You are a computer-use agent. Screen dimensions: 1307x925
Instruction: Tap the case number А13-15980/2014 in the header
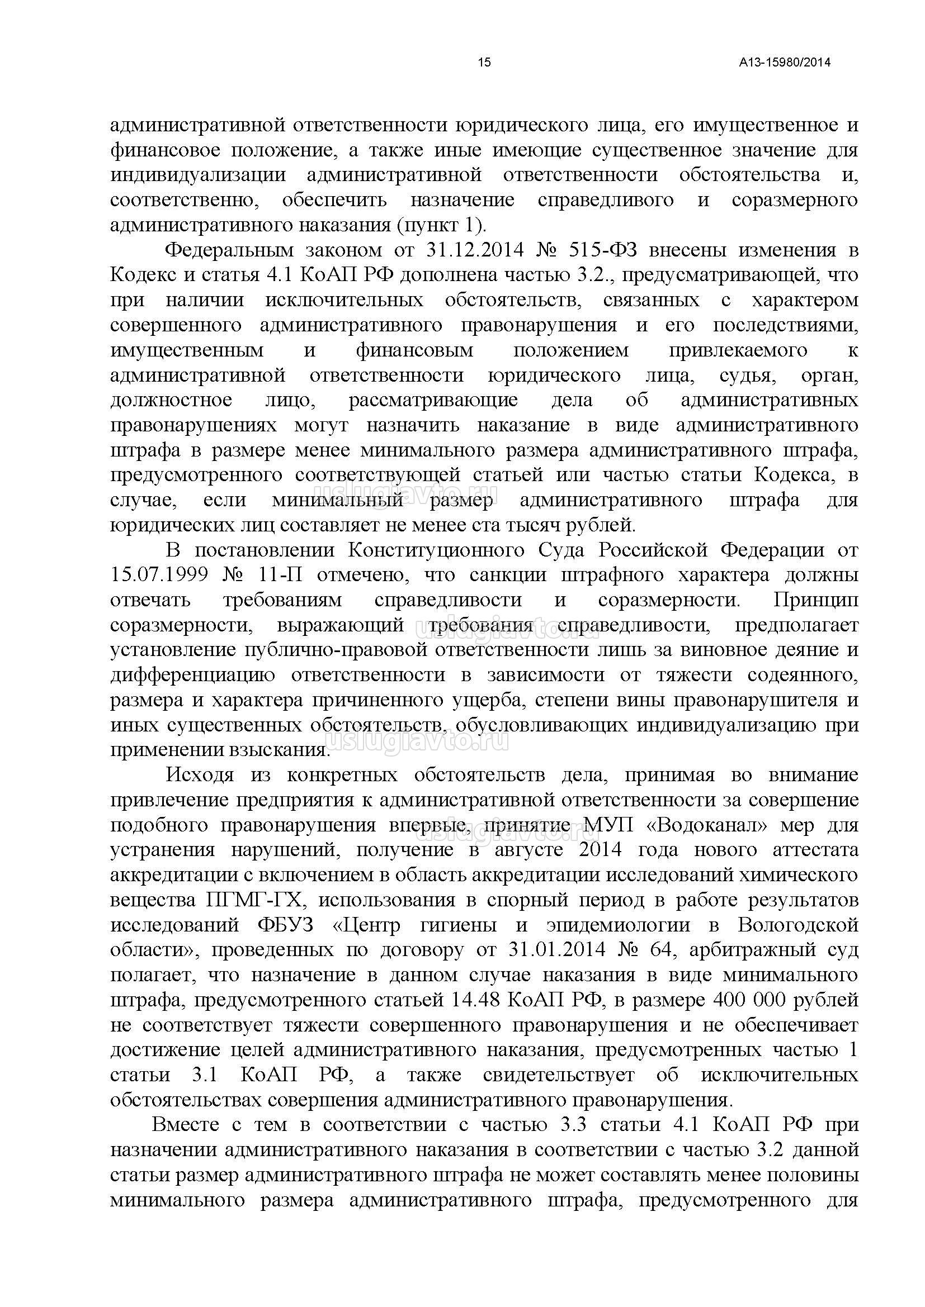click(784, 63)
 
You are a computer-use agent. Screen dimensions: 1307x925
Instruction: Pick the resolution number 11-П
click(280, 575)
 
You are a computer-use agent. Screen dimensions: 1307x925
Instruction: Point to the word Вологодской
click(798, 925)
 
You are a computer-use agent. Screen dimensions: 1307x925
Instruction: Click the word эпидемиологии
click(617, 925)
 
